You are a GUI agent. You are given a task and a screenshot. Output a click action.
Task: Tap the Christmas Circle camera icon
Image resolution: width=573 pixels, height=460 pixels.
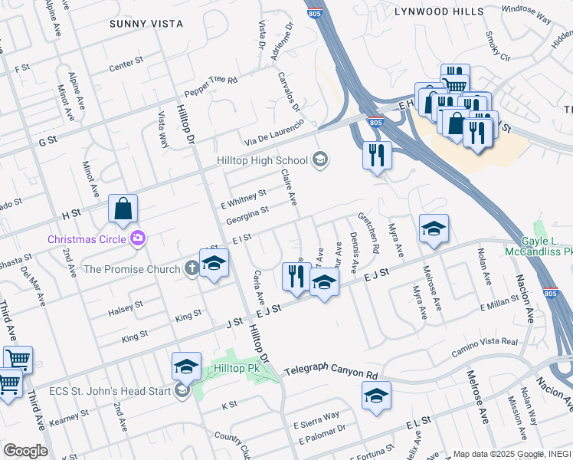click(x=138, y=238)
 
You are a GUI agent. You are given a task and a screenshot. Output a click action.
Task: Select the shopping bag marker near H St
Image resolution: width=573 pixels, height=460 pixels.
click(x=123, y=208)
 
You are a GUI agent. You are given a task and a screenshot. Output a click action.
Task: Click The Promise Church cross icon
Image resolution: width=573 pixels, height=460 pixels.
click(x=191, y=268)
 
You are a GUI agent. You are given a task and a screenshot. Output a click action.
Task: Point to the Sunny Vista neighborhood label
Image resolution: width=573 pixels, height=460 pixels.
click(x=146, y=24)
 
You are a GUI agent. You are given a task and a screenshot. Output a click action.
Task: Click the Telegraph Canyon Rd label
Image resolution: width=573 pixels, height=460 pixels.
click(x=332, y=375)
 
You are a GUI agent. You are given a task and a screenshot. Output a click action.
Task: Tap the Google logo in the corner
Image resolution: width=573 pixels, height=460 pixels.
click(x=25, y=450)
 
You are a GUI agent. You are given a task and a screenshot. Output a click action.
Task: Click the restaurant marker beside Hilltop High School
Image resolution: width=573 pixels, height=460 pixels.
click(x=376, y=155)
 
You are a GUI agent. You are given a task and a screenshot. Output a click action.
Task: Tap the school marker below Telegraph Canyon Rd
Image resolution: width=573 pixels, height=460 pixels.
click(x=376, y=396)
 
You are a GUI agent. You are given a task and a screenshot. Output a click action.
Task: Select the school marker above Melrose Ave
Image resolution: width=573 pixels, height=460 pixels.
click(x=434, y=228)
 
